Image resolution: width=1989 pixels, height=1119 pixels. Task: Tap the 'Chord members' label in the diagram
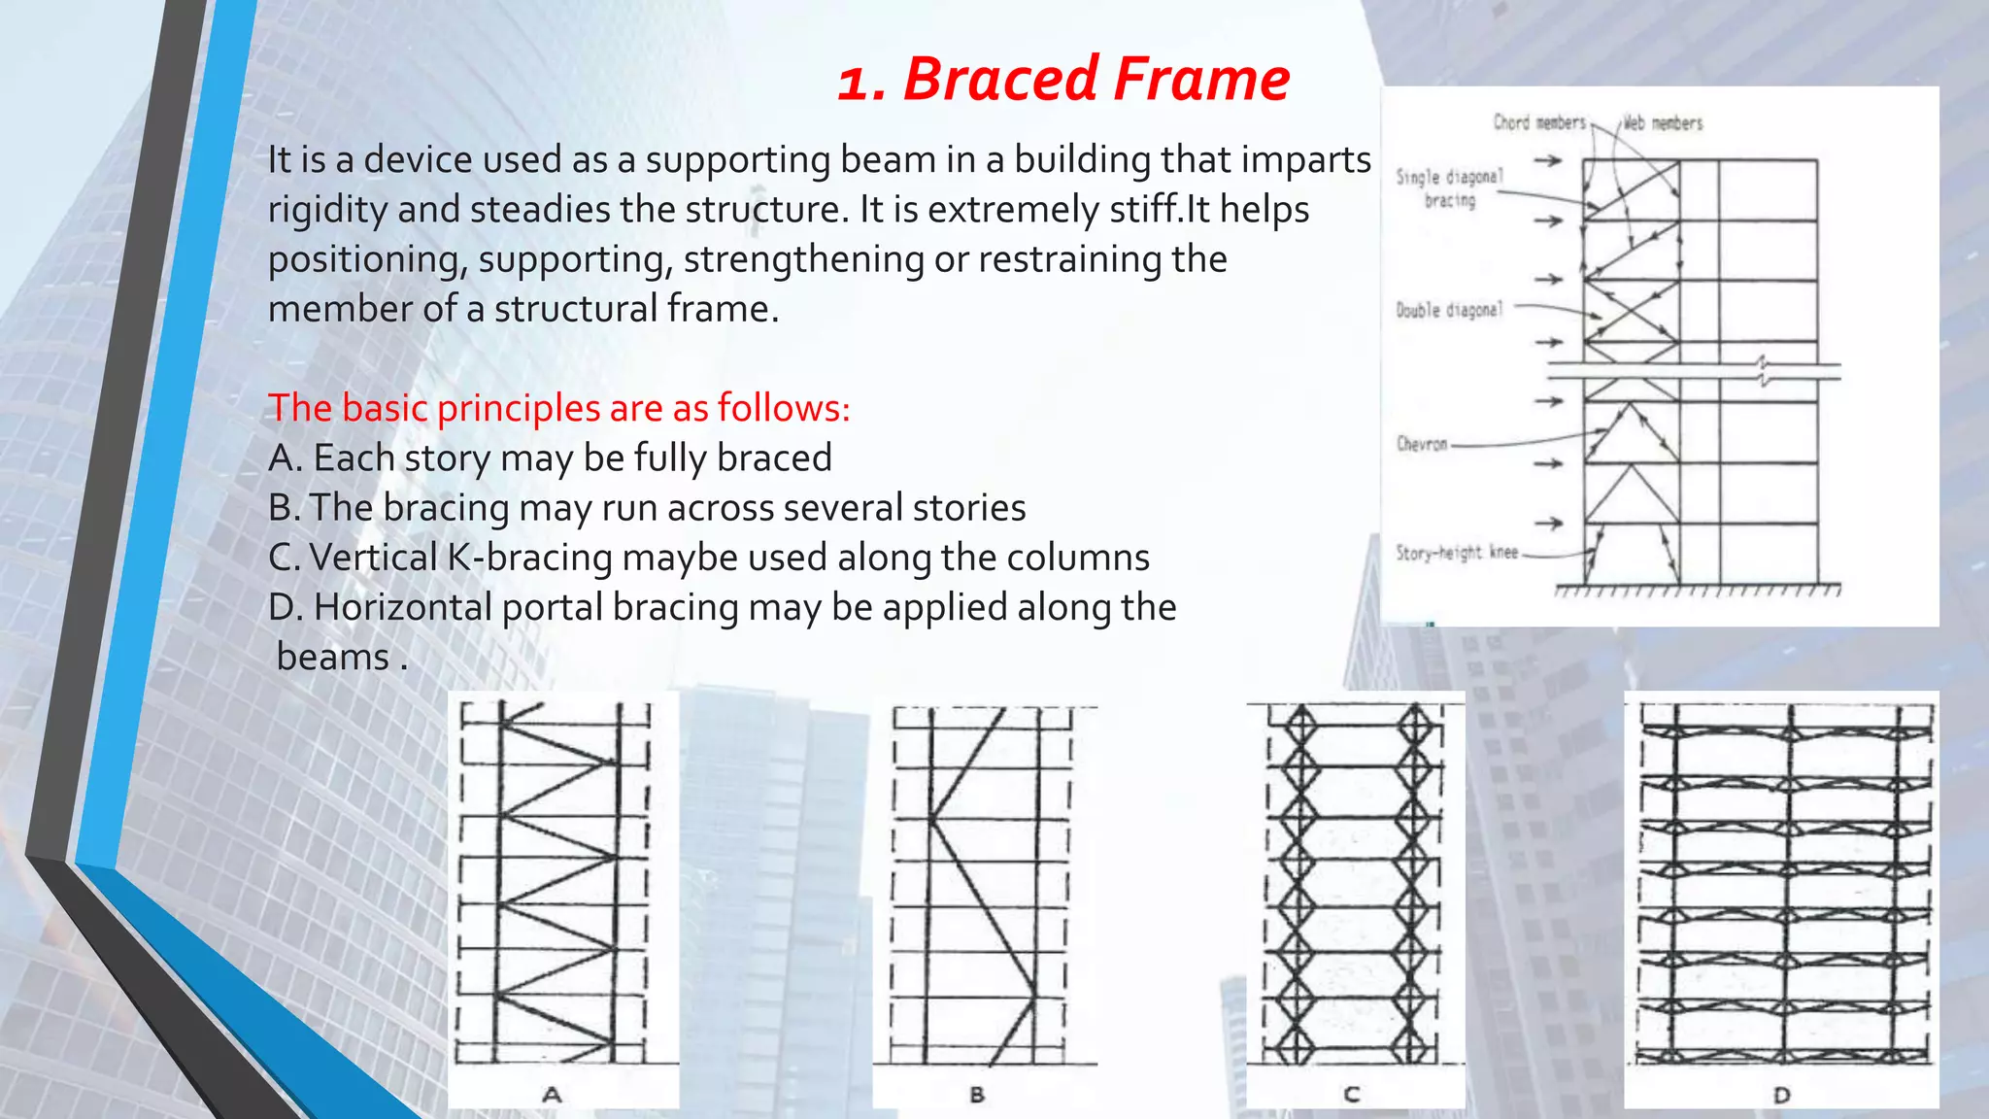1538,122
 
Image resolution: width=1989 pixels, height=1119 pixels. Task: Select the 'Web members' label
1663,123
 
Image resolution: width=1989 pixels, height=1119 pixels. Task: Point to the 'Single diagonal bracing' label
1449,188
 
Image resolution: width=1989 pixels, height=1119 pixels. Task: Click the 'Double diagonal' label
1449,310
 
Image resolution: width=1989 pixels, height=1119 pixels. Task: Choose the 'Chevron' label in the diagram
1422,444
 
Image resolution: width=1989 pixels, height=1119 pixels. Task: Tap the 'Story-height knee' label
1457,553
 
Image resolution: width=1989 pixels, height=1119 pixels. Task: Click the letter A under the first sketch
552,1095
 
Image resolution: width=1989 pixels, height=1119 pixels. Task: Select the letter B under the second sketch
977,1095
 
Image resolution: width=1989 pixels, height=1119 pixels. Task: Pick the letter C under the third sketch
1351,1095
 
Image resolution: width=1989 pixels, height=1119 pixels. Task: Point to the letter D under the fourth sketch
1781,1095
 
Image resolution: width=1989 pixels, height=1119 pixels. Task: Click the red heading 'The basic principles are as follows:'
558,408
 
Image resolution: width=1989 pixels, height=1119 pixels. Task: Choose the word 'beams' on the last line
333,658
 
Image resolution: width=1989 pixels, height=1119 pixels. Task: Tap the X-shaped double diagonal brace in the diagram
1632,311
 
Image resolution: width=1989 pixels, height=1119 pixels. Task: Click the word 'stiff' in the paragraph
1152,210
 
